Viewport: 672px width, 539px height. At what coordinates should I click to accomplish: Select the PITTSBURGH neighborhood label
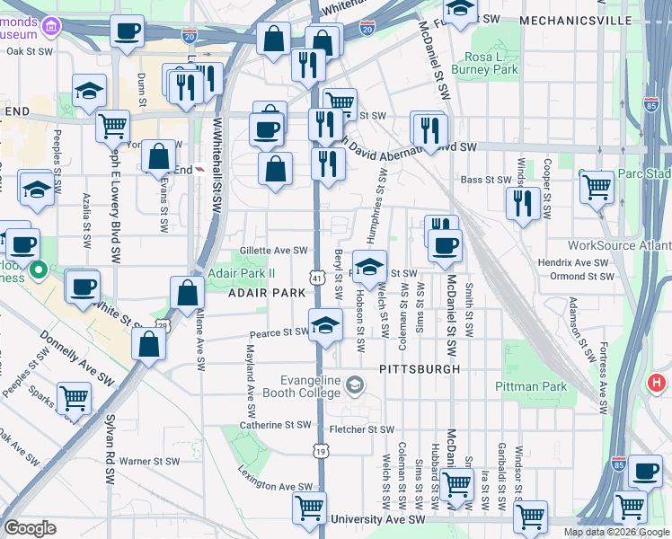420,369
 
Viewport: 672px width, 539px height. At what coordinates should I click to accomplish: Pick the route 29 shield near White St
162,325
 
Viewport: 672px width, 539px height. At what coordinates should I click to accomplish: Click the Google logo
30,527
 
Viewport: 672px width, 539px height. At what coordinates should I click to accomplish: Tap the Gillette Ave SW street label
274,252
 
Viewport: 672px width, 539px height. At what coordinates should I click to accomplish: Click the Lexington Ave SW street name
275,479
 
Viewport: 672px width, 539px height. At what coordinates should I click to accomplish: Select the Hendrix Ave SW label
579,263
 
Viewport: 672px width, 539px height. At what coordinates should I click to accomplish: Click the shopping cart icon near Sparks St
74,397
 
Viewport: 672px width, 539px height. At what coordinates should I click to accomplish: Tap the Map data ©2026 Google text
615,531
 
